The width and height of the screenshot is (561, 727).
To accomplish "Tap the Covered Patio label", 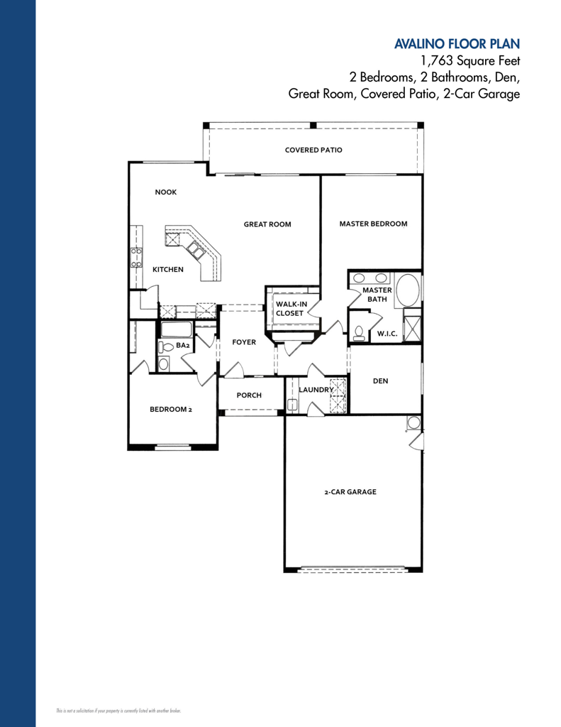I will (313, 151).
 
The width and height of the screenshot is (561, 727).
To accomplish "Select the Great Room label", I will (267, 224).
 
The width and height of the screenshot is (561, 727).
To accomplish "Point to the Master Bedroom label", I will (373, 224).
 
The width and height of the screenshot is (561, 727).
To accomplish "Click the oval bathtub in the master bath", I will (406, 291).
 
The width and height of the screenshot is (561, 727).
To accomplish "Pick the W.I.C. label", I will (387, 333).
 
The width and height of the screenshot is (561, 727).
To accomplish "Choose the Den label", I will (380, 381).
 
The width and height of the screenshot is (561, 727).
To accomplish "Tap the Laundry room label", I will (316, 390).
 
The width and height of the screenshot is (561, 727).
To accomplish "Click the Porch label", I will (249, 395).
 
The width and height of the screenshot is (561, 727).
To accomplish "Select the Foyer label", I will (243, 342).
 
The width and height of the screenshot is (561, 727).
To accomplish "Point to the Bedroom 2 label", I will (171, 410).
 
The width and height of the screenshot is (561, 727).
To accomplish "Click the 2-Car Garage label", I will (350, 492).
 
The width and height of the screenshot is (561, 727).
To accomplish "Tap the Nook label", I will (166, 192).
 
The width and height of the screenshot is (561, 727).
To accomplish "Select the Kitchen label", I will (168, 270).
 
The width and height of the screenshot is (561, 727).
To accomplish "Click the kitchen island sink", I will (195, 248).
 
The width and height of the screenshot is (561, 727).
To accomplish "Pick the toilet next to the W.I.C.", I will (359, 332).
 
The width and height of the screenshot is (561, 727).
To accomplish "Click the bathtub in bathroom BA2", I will (176, 330).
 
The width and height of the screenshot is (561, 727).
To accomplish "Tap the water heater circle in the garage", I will (413, 423).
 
